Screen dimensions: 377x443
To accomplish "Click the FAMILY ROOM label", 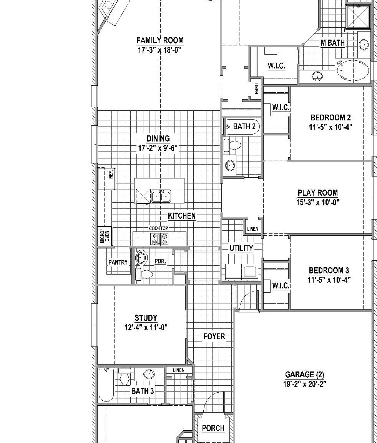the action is pos(160,40).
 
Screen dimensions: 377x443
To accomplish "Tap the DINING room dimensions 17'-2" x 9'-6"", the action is pos(158,148).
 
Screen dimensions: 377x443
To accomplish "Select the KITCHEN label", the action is pos(181,216).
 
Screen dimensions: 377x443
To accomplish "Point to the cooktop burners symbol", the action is pos(159,239).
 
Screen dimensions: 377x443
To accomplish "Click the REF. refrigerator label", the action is pos(111,173).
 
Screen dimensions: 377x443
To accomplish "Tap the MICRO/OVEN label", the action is pos(105,236).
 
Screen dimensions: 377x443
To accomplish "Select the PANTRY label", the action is pos(118,263).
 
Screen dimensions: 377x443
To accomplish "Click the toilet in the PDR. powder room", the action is pos(144,274).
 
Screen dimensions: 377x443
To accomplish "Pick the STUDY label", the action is pos(146,318).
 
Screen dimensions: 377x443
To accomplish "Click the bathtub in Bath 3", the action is pos(106,385).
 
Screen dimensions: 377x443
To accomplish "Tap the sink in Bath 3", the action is pos(149,374).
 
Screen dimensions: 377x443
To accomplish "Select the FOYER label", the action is pos(214,336).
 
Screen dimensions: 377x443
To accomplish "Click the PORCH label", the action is pos(213,428).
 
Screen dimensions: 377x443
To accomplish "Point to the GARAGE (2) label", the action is pos(305,375).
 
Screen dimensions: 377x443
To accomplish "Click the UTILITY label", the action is pos(241,248).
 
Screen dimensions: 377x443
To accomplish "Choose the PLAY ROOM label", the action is pos(318,193).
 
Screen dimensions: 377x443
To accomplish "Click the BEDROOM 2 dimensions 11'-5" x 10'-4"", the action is pos(330,127).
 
